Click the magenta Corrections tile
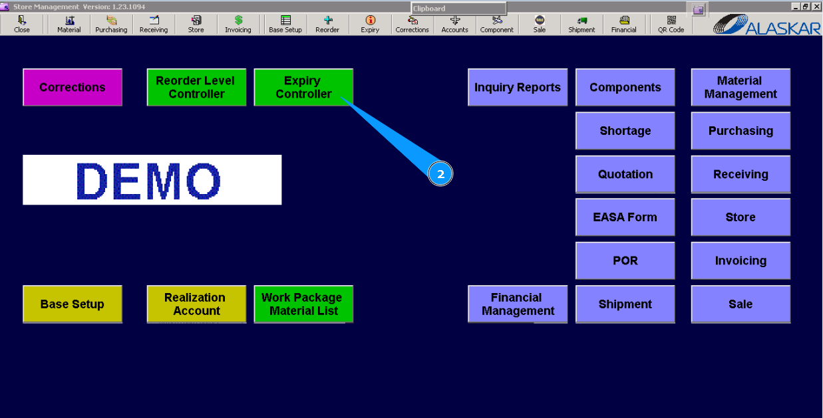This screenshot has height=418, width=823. [73, 87]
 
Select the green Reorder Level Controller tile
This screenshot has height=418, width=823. [196, 87]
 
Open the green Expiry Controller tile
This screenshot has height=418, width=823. [303, 87]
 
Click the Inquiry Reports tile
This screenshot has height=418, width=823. [518, 87]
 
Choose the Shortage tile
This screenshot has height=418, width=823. [625, 131]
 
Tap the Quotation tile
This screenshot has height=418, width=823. [625, 174]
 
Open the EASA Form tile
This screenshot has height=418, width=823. [625, 217]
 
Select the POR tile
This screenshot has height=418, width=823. [625, 261]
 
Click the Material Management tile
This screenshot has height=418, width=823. [741, 87]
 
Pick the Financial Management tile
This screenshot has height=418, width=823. [518, 304]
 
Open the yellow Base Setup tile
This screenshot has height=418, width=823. [73, 304]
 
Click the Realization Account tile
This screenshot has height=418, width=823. [196, 304]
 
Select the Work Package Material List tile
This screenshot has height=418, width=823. [303, 304]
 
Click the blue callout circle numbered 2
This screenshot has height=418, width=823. [440, 174]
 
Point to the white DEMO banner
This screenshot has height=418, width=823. [152, 179]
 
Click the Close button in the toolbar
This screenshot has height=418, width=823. [22, 25]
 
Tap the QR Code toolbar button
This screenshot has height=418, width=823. [671, 25]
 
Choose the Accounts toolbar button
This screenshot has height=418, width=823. [454, 25]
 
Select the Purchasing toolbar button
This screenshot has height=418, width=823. [111, 25]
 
